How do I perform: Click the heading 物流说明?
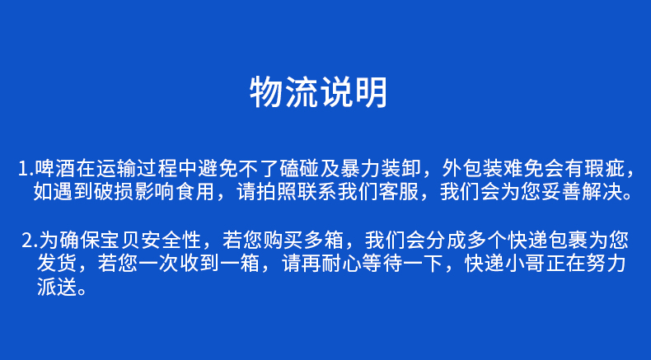click(318, 92)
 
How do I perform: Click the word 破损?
click(115, 192)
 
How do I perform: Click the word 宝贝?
click(120, 240)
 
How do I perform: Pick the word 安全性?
click(171, 240)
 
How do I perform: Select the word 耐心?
click(340, 264)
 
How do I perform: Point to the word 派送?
click(57, 287)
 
